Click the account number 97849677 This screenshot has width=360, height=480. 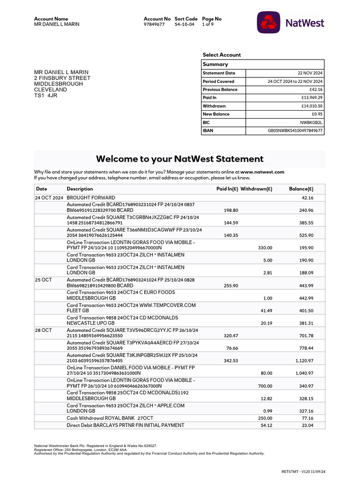(154, 24)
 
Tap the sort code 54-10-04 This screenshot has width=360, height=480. (184, 24)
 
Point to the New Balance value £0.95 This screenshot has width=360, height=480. (317, 114)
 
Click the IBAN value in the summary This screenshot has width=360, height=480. (294, 131)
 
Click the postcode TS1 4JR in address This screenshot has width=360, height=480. (45, 95)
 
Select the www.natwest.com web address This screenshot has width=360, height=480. (262, 172)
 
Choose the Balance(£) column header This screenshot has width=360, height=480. (301, 189)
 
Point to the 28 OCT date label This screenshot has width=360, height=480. (44, 330)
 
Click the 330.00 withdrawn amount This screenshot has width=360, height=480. (265, 248)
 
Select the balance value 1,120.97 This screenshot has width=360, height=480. (304, 361)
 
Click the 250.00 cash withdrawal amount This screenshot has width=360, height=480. (265, 418)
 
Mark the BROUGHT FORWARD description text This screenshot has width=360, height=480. (91, 198)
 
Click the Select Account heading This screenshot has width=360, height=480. (222, 55)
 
